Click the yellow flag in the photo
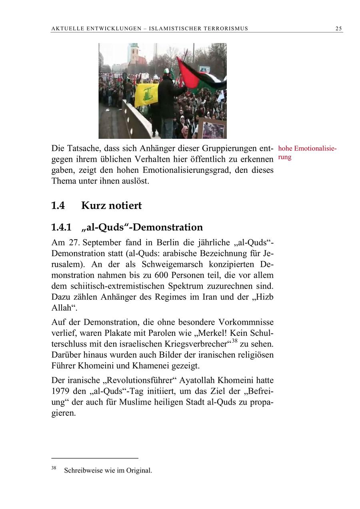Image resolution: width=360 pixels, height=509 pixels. click(146, 95)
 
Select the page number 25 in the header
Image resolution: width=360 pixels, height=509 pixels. click(338, 28)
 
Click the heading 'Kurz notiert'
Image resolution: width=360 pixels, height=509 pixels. click(111, 206)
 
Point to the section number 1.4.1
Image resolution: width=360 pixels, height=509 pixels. click(61, 227)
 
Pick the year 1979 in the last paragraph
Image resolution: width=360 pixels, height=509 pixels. click(60, 391)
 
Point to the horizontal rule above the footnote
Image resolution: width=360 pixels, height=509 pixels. click(94, 458)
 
